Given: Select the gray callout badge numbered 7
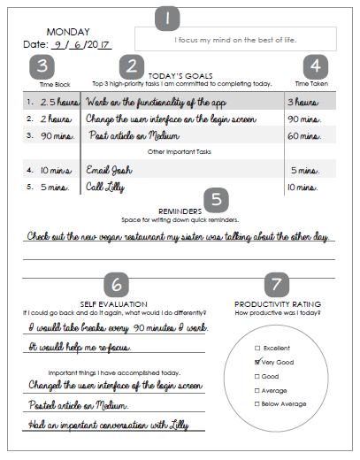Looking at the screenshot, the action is pos(277,284).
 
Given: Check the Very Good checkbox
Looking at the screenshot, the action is pos(257,362).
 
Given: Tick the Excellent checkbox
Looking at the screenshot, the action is pos(257,348).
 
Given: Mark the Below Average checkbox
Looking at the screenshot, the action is pos(257,403).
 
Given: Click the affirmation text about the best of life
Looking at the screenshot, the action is pos(234,40).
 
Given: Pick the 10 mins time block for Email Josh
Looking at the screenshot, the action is pos(54,168).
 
